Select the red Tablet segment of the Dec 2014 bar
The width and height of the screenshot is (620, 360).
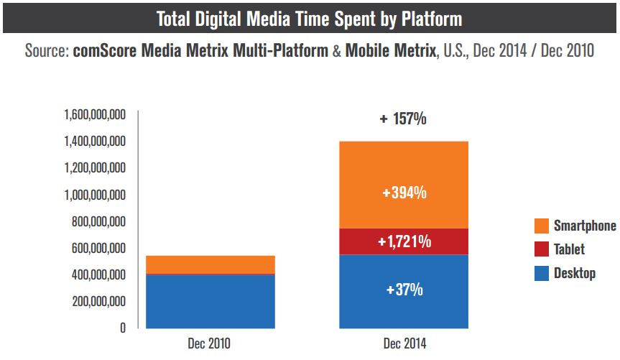404,241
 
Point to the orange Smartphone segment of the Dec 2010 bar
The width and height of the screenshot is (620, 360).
210,264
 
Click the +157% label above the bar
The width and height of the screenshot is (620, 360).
403,119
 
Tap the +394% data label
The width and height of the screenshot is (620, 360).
404,194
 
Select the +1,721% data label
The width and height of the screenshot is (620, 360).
404,241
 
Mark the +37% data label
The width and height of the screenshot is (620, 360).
404,290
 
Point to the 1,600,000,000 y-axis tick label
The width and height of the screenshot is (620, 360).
95,114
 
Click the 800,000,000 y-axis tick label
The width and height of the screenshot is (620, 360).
98,221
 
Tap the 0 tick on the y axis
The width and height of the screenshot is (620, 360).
123,328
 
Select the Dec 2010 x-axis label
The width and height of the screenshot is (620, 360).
210,344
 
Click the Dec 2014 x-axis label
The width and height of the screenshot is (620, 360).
403,344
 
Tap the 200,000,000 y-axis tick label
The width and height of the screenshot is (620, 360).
98,301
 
